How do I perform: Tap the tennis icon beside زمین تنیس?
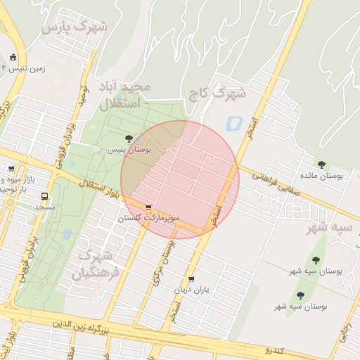13,58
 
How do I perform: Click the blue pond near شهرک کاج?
231,124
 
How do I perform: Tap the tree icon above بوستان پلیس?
128,139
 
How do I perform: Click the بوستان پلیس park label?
125,150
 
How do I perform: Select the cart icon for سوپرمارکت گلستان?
148,207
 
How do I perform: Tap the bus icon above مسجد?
45,197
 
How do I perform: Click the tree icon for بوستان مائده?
321,165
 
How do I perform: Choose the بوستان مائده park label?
321,176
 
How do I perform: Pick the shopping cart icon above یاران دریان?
191,279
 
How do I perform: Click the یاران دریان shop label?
192,290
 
